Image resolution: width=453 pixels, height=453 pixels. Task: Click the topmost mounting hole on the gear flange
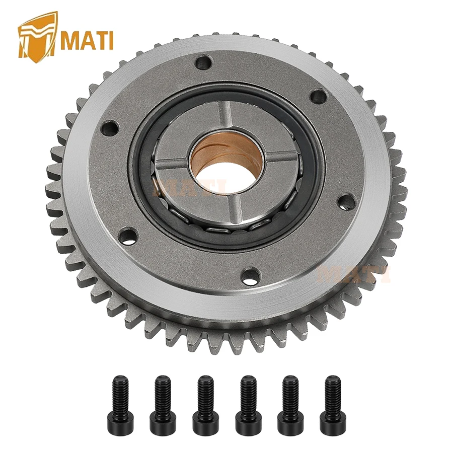(203, 63)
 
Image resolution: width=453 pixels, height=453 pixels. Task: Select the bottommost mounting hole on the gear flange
(250, 275)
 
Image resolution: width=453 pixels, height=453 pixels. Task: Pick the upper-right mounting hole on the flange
(318, 96)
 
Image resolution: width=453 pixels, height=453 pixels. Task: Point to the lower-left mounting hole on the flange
(129, 236)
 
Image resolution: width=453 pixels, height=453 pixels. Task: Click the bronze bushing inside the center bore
(211, 151)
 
